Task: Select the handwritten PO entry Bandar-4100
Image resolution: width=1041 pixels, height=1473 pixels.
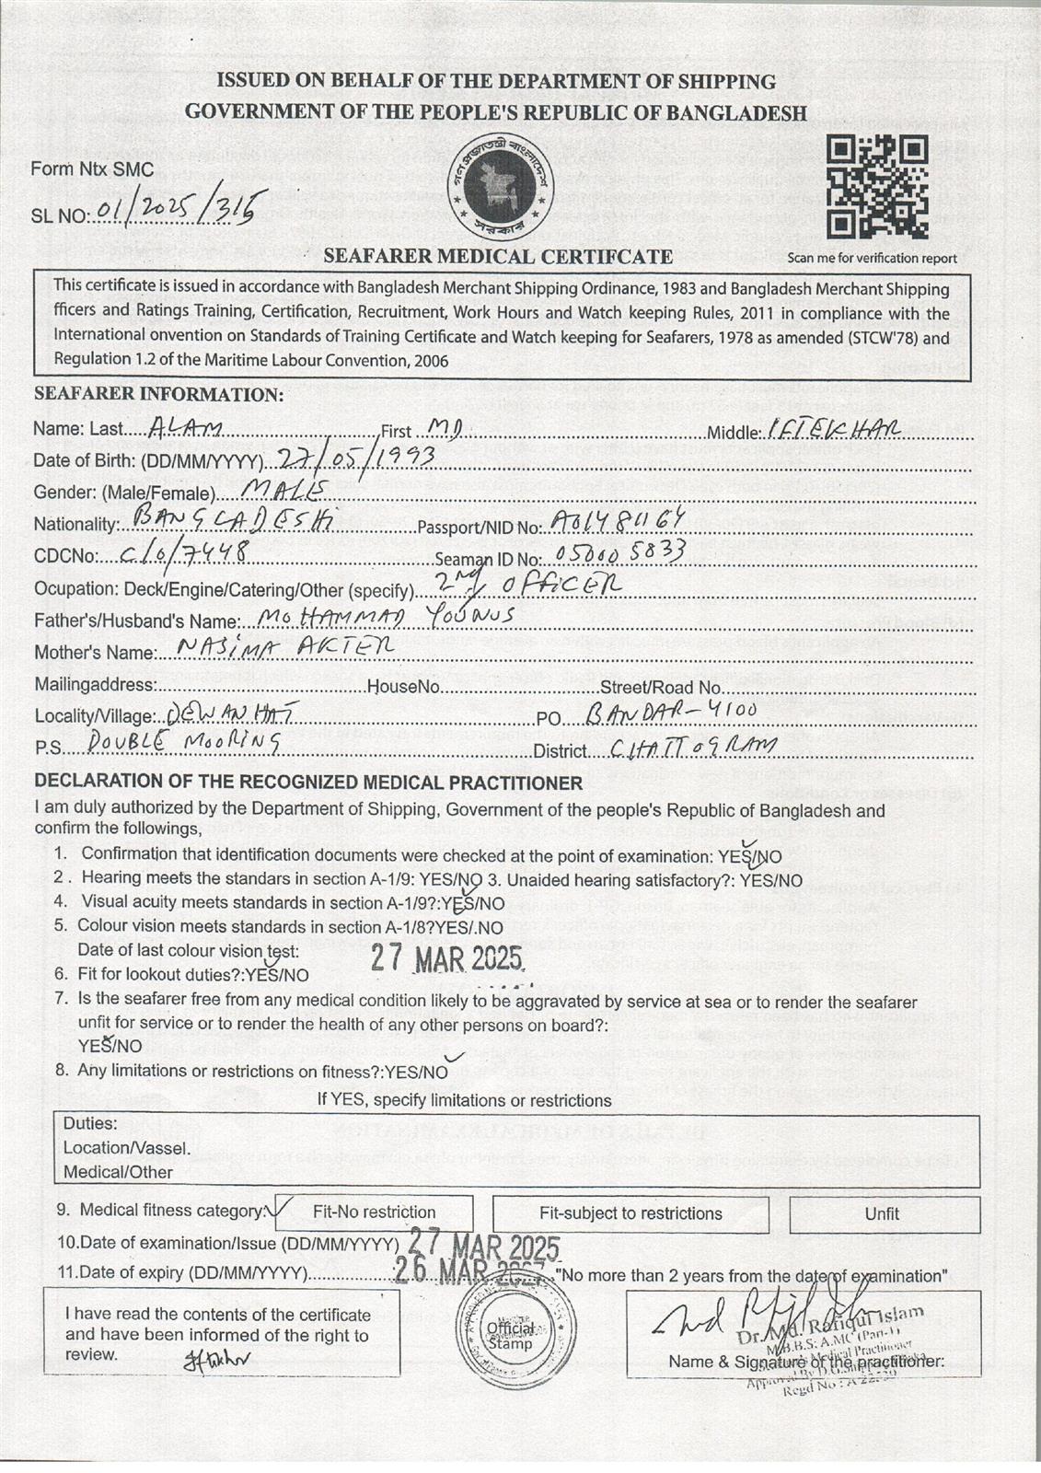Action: [671, 713]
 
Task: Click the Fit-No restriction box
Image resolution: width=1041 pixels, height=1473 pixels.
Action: [374, 1212]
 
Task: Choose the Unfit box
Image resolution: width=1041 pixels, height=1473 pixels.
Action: [881, 1213]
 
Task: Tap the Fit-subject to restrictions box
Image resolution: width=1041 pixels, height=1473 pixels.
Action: [630, 1213]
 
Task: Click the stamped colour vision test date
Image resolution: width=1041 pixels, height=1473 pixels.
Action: [447, 959]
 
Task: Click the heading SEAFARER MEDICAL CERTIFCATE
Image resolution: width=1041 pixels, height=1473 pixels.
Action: [498, 256]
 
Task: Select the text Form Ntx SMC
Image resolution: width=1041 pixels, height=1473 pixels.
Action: [92, 169]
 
